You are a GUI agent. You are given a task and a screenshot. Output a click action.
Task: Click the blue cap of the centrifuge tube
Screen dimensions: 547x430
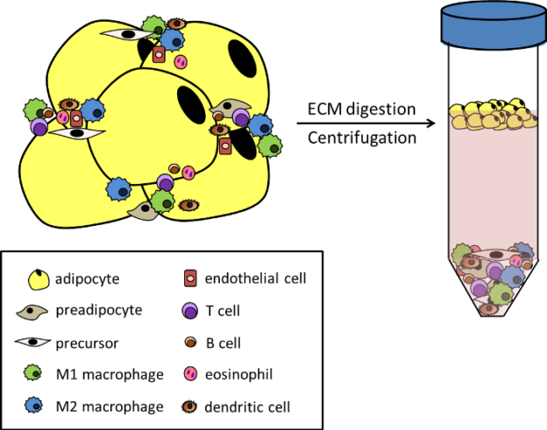point(494,25)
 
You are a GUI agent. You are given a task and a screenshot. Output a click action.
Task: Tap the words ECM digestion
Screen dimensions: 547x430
point(361,109)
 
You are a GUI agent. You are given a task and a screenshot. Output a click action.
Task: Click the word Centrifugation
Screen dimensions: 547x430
point(362,138)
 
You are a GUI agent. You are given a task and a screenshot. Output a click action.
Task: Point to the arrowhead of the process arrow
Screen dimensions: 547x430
point(431,123)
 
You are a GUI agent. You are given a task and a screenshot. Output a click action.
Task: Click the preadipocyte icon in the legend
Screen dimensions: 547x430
point(32,311)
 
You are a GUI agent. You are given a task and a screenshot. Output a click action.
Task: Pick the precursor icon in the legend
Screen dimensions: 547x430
point(32,342)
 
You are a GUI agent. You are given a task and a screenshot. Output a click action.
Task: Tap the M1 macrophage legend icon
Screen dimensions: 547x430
point(33,373)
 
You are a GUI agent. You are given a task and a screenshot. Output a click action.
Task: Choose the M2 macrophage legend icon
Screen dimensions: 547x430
point(34,405)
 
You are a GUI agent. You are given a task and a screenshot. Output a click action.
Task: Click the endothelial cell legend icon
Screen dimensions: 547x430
point(191,278)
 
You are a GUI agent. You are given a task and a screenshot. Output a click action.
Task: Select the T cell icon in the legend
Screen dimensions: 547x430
point(190,311)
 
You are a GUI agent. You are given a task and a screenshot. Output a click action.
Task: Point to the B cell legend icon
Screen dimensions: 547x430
point(190,342)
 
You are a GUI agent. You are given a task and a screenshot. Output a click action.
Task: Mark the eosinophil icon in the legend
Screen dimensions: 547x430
point(190,374)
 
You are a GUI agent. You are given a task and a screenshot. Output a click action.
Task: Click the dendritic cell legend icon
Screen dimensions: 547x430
point(189,406)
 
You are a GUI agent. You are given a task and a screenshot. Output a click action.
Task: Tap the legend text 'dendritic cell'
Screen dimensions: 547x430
point(247,406)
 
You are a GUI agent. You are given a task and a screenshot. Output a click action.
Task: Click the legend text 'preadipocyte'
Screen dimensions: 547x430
point(99,310)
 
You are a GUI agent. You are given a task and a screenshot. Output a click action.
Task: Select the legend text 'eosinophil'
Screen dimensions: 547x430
point(239,374)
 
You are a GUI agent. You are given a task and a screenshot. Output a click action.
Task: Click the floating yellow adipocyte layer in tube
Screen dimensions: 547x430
point(494,115)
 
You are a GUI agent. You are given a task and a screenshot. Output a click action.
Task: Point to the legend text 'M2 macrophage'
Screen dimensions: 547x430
point(110,406)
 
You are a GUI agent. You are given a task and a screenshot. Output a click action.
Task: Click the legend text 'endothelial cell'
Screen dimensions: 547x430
point(255,278)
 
